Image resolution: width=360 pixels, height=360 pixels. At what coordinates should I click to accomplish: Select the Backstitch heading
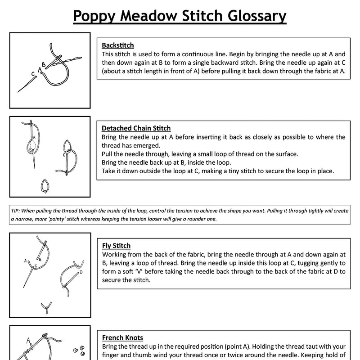click(117, 45)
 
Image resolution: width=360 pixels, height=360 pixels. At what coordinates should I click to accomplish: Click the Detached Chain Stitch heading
click(136, 128)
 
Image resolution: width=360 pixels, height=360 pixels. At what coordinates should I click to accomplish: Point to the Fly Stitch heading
click(116, 246)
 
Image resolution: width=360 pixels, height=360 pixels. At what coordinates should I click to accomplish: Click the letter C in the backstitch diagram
click(33, 73)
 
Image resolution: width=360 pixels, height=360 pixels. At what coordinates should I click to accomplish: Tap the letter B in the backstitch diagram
click(44, 64)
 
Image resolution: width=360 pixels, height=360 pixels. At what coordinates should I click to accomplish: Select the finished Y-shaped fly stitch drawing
click(45, 308)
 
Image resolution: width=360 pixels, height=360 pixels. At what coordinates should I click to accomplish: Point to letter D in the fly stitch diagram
click(81, 272)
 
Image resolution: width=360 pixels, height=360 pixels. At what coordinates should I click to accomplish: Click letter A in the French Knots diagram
click(28, 340)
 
